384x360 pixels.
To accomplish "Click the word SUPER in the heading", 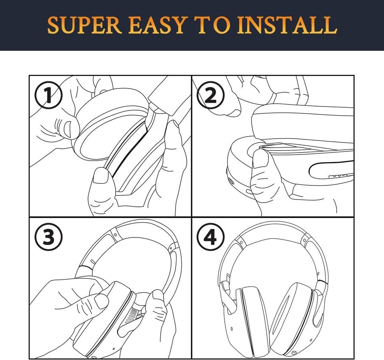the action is (84, 25).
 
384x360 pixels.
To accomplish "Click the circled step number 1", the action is (48, 95).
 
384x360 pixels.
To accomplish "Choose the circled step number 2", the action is (211, 95).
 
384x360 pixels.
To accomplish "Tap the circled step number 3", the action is (48, 237).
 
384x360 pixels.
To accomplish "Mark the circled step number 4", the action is (211, 237).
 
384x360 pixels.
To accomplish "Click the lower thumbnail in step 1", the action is (101, 175).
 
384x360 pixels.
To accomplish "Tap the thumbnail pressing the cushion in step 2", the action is (260, 159).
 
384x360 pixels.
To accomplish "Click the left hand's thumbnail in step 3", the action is (101, 301).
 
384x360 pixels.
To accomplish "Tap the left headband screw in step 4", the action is (241, 242).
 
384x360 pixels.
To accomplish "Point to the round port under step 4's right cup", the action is (293, 353).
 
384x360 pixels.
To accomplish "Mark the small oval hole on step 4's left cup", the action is (232, 329).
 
